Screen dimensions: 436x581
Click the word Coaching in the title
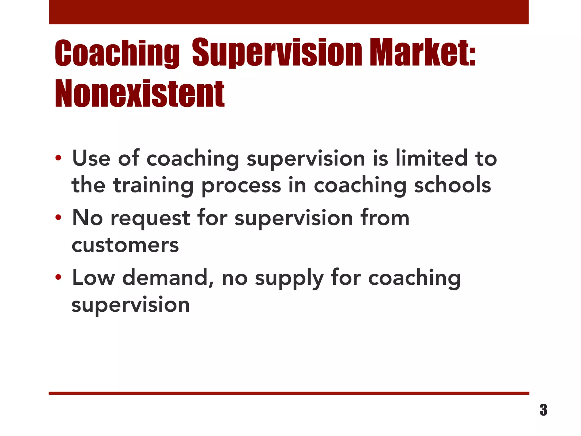pos(117,53)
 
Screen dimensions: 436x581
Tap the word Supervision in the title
pos(277,53)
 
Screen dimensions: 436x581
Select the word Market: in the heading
pos(422,53)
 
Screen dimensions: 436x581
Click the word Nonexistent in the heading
pos(140,93)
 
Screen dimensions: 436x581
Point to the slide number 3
pos(543,410)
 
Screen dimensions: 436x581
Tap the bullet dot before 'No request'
pos(58,218)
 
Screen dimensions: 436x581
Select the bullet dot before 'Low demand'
pos(58,277)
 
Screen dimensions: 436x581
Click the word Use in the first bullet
pos(91,158)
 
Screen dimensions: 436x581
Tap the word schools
pos(452,185)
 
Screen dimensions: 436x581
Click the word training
pos(153,185)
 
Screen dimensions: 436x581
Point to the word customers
pos(125,245)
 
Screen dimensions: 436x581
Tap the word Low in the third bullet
pos(94,278)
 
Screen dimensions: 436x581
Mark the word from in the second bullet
pos(385,218)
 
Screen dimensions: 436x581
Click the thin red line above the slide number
pos(289,393)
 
